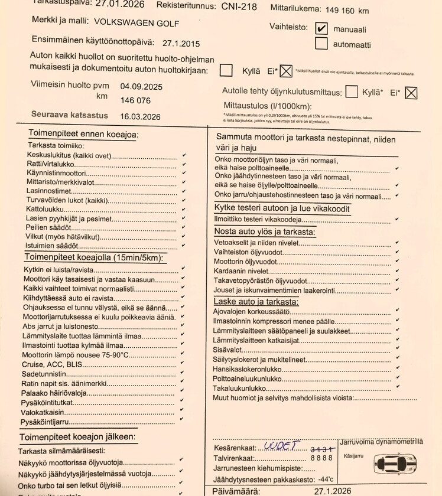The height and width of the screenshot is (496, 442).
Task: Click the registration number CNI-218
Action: point(239,6)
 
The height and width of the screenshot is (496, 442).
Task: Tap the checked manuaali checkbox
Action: point(321,28)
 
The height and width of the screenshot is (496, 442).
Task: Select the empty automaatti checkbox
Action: point(321,43)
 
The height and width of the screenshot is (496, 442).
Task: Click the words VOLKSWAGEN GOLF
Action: point(136,23)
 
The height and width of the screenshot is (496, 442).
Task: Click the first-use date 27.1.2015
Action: point(181,43)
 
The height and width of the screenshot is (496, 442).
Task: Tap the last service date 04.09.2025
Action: point(141,86)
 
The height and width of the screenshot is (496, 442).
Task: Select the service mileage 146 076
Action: point(135,100)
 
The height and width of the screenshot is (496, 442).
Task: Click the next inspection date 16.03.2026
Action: point(141,116)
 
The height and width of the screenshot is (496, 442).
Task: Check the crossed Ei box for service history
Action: point(286,71)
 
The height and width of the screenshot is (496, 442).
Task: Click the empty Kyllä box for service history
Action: point(226,70)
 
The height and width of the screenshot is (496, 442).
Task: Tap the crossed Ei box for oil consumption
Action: point(411,92)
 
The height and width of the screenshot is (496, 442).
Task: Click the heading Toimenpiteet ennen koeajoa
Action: point(82,135)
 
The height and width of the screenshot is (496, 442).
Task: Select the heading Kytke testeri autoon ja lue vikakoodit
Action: point(282,208)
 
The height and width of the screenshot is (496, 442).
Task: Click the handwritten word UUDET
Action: point(282,446)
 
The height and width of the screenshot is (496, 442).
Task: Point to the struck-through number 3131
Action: point(322,449)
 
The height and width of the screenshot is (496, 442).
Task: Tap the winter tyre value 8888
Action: point(322,458)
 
